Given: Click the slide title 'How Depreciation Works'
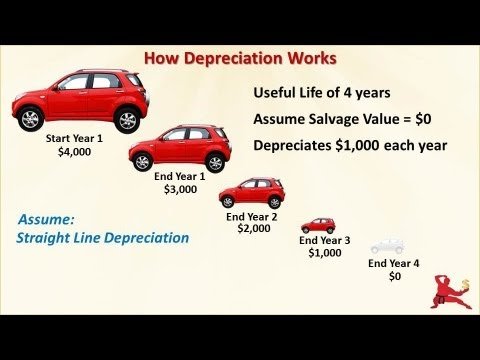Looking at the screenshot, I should (240, 58).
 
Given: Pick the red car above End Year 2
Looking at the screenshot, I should (252, 191).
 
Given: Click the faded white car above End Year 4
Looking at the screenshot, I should (387, 246).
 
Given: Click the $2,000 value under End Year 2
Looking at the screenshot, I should (252, 229).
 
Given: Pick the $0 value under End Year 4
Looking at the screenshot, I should (394, 277).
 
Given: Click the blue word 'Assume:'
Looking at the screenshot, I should (46, 218).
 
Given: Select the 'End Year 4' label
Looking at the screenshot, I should (394, 263).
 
